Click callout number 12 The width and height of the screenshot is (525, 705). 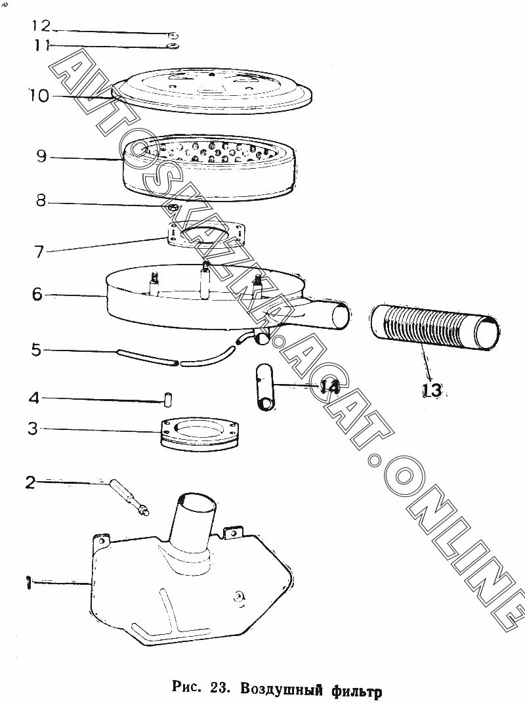pyautogui.click(x=41, y=26)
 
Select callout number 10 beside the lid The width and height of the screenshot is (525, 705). pyautogui.click(x=39, y=95)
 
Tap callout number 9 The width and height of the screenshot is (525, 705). pyautogui.click(x=41, y=156)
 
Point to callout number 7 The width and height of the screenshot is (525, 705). pyautogui.click(x=39, y=251)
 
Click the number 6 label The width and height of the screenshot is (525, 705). pyautogui.click(x=37, y=294)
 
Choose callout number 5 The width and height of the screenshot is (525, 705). pyautogui.click(x=36, y=350)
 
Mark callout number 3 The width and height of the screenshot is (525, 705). pyautogui.click(x=33, y=429)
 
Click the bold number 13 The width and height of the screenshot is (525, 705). pyautogui.click(x=432, y=390)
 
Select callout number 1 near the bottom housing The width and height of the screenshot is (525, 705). pyautogui.click(x=28, y=584)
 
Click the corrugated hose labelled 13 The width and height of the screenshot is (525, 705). pyautogui.click(x=435, y=327)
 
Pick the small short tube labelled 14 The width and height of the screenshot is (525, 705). pyautogui.click(x=264, y=386)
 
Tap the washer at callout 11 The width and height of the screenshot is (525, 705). pyautogui.click(x=172, y=46)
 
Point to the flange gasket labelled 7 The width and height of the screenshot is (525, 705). pyautogui.click(x=207, y=234)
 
